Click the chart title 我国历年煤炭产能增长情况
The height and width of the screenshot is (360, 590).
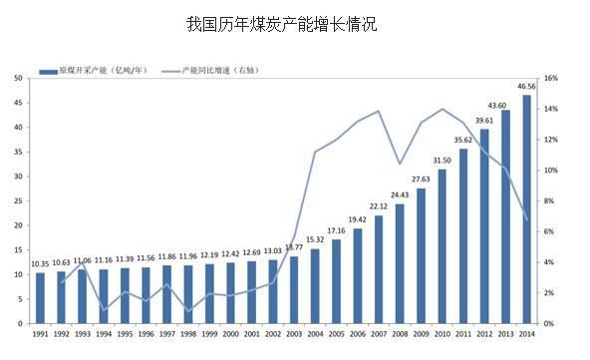click(282, 24)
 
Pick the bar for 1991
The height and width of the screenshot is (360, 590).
click(41, 298)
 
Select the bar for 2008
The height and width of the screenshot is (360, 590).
click(399, 263)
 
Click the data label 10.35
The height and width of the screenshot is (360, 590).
click(40, 264)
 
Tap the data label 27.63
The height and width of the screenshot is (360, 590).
click(421, 180)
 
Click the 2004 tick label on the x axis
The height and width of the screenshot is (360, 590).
click(316, 335)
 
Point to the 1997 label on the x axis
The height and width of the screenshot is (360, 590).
click(168, 335)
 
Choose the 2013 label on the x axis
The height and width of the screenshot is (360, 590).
click(505, 335)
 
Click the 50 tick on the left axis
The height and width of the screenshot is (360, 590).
click(19, 78)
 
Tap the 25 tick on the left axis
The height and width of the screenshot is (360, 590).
click(19, 200)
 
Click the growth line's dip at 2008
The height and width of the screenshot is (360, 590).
click(400, 164)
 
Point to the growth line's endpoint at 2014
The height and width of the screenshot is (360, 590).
click(526, 219)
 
